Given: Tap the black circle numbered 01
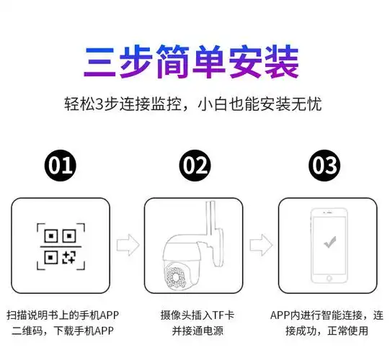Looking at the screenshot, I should [x=61, y=166].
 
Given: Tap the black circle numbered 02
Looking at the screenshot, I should [x=195, y=166].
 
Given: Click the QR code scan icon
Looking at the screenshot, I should [x=61, y=245].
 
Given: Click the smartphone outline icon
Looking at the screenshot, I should [x=329, y=246].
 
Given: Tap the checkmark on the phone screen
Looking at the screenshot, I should [x=329, y=243].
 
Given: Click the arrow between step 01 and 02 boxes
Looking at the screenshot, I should [x=128, y=244].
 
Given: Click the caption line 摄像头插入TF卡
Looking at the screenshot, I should [x=195, y=315].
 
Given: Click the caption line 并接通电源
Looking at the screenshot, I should [x=195, y=331].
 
